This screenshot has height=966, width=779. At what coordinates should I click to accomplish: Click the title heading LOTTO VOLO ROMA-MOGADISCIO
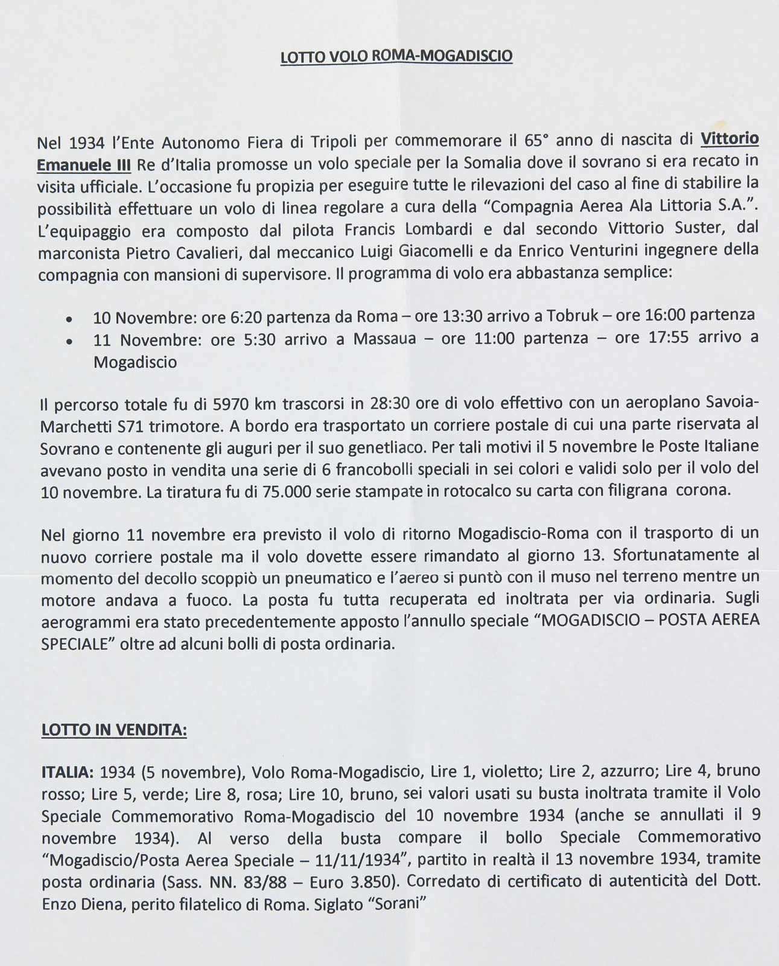[396, 56]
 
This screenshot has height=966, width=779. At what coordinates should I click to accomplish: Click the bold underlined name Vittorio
[729, 139]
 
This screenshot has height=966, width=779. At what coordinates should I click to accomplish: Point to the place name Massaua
[384, 338]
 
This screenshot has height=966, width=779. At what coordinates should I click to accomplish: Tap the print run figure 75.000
[287, 491]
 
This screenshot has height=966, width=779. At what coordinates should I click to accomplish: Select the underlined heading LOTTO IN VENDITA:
[114, 730]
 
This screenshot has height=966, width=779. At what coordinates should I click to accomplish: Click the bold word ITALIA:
[67, 772]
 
